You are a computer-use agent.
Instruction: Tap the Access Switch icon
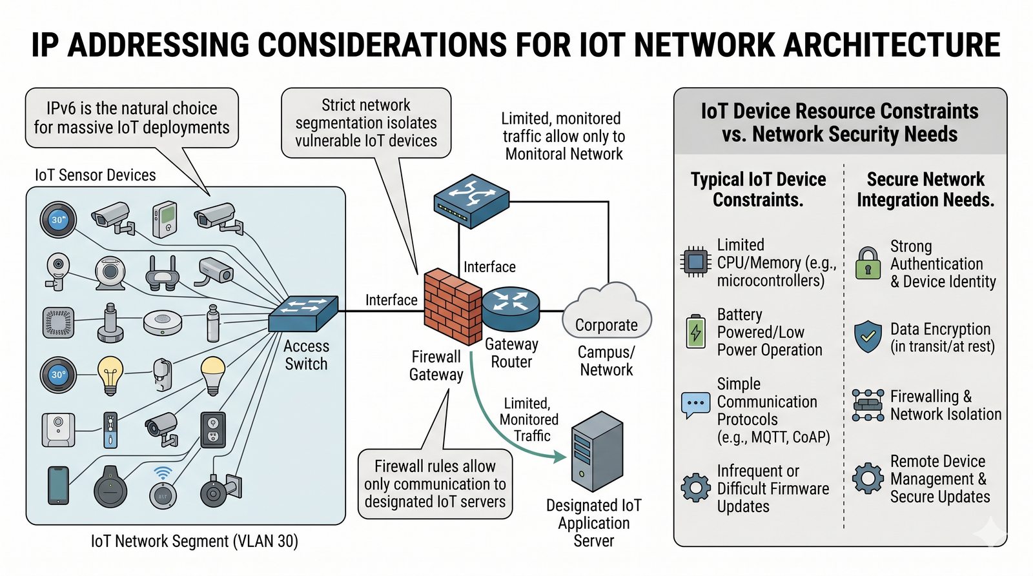click(303, 313)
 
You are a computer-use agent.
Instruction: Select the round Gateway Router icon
click(511, 308)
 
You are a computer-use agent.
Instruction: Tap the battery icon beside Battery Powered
click(695, 332)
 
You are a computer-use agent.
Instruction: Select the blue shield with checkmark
click(868, 337)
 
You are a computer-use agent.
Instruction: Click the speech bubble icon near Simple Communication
click(695, 404)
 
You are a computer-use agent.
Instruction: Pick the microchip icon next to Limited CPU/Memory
click(695, 262)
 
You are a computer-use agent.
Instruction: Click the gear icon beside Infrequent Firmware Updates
click(695, 488)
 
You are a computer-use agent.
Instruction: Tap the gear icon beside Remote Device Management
click(868, 478)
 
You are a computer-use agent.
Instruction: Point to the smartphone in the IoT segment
click(58, 485)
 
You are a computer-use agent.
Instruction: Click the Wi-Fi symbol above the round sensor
click(163, 473)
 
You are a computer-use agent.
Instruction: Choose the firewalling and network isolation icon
click(868, 405)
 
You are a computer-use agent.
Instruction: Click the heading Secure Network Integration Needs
click(925, 189)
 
